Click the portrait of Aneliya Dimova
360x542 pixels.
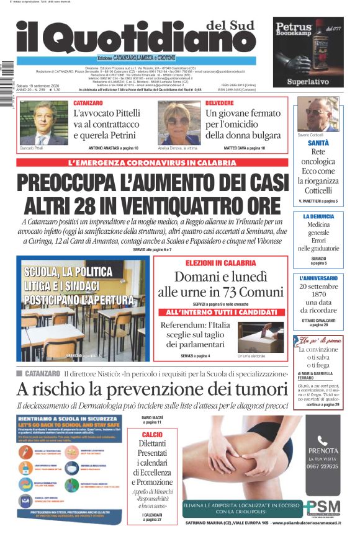coord(179,122)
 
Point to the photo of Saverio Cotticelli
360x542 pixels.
coord(318,113)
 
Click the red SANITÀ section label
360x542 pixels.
coord(318,143)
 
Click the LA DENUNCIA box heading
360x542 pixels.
coord(318,216)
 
